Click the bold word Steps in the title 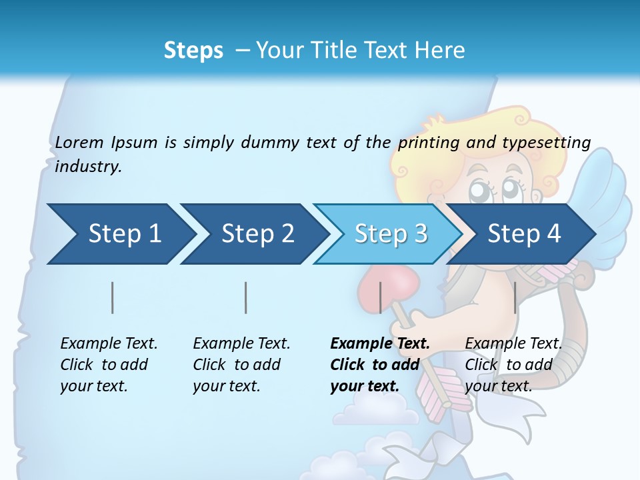tap(193, 50)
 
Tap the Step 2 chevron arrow tap(253, 234)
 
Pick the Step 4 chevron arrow tap(523, 234)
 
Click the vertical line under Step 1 tap(113, 297)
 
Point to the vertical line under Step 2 tap(246, 297)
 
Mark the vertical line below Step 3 tap(381, 297)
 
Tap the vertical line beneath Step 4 tap(515, 297)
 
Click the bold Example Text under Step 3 tap(380, 344)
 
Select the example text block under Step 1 tap(109, 365)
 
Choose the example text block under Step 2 tap(241, 365)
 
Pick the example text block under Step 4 tap(513, 365)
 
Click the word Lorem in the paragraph tap(79, 142)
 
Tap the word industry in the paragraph tap(88, 167)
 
